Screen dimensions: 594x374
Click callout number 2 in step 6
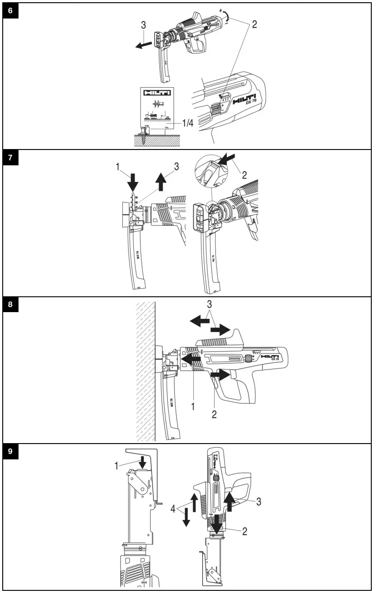pos(254,24)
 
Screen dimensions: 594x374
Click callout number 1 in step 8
pos(193,407)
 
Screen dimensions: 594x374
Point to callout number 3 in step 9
pos(259,501)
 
